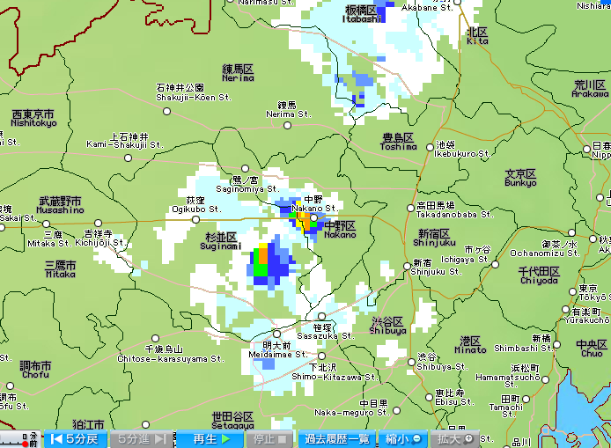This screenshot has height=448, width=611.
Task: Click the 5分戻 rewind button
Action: coord(76,438)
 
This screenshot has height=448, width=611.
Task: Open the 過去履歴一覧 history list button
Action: coord(336,438)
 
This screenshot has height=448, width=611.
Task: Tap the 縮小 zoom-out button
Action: coord(402,438)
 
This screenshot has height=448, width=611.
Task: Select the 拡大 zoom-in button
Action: coord(456,438)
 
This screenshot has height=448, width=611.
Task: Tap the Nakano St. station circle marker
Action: coord(313,217)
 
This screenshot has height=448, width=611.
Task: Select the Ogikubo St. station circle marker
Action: coord(196,219)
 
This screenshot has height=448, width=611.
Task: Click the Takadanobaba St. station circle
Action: coord(410,208)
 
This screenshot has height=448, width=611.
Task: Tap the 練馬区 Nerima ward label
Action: coord(238,72)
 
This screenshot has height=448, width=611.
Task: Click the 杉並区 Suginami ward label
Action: coord(221,242)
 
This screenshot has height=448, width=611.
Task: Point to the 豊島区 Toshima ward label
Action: coord(399,142)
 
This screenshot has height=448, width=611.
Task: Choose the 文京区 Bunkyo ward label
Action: coord(520,178)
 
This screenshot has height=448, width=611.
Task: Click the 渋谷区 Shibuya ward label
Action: coord(388,326)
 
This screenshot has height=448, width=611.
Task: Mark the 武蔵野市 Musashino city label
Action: coord(61,205)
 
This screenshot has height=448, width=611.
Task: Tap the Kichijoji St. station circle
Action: coord(98,224)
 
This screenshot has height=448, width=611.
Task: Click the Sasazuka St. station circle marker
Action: coord(321,317)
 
